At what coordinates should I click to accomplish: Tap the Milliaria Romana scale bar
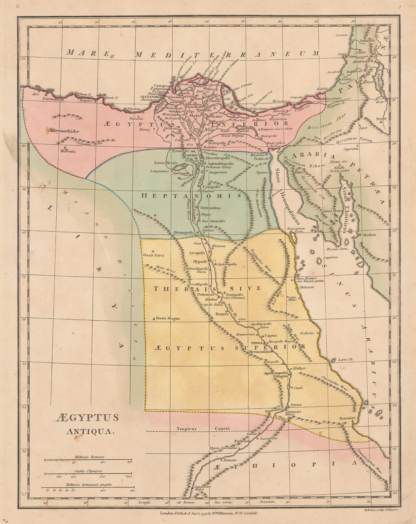(x=88, y=460)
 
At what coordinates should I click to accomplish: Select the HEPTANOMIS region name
(x=191, y=196)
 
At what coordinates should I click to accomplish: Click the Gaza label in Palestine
(x=346, y=79)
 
